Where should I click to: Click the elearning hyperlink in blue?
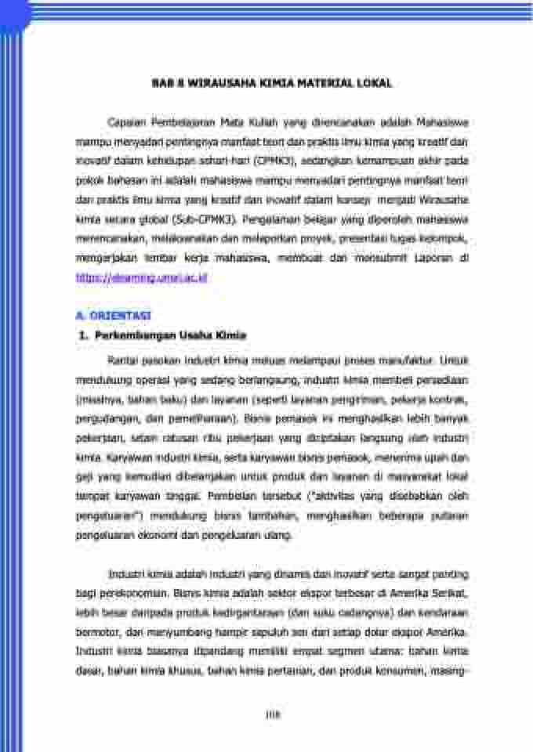coord(140,277)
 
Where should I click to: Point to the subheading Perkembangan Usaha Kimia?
coord(170,335)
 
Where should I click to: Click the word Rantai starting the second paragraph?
coord(121,361)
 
